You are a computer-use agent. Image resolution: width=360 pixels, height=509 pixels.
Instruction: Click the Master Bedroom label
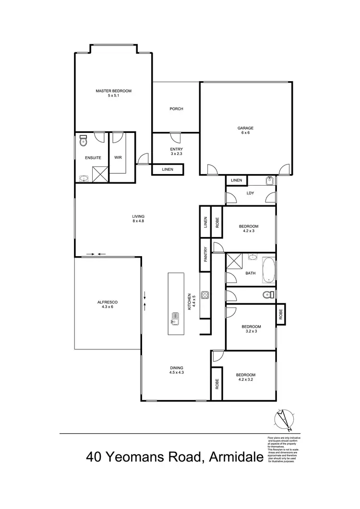point(113,93)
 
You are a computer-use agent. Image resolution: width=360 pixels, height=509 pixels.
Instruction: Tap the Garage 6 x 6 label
point(245,130)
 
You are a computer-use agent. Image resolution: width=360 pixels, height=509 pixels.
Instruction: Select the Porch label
point(176,109)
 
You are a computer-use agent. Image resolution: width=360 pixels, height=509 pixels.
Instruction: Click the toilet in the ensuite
point(83,140)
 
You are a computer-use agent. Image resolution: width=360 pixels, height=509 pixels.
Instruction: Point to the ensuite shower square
point(99,174)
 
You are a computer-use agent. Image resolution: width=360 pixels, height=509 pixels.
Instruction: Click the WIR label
point(118,157)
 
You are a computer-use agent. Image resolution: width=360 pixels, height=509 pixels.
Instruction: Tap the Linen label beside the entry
point(168,169)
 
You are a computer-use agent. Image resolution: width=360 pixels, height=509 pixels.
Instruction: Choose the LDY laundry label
point(250,193)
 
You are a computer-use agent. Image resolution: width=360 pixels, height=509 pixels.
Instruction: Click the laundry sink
point(269,181)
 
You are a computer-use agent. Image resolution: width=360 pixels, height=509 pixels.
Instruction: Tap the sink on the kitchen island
point(175,318)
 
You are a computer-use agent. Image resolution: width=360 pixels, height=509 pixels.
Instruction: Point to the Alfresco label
point(108,305)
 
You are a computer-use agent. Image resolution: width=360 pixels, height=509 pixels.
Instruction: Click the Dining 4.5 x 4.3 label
point(176,370)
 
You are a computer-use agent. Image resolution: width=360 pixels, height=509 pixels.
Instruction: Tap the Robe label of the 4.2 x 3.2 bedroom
point(217,383)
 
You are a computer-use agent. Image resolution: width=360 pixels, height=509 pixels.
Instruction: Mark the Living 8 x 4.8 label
point(139,218)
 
